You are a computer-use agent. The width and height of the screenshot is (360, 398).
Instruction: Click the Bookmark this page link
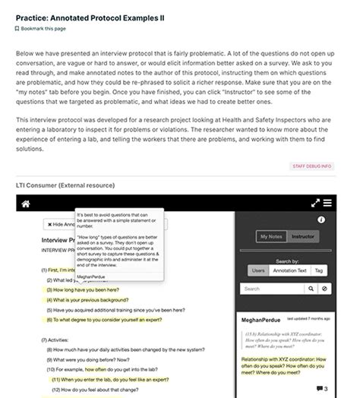43,28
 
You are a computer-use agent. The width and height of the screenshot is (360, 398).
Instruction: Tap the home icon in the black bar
25,204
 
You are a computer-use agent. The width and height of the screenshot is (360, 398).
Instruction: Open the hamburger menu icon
327,204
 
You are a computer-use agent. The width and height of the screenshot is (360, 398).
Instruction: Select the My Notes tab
271,237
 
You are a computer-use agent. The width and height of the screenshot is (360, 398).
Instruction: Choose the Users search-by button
259,270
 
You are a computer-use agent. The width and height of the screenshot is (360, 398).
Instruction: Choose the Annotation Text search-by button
290,270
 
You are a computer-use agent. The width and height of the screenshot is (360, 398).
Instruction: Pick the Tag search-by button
319,270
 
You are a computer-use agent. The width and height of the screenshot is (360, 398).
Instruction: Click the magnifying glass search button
311,289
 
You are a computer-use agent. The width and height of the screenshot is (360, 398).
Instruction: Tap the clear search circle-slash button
324,289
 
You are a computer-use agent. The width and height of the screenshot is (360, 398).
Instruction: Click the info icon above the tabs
321,220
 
